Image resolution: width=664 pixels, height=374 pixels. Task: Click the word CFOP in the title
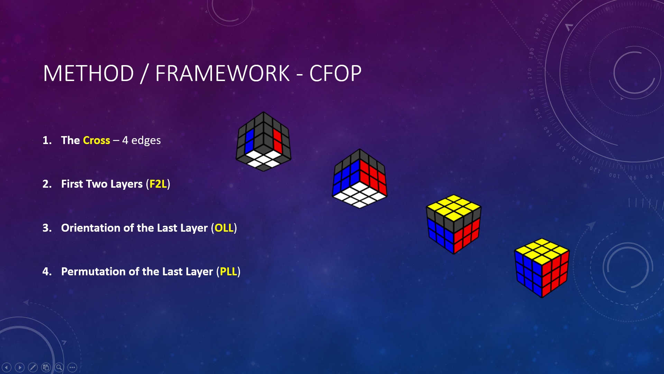tap(335, 73)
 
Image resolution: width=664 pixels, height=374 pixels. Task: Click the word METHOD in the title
tap(89, 73)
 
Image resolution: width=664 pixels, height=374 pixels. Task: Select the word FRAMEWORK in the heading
tap(222, 73)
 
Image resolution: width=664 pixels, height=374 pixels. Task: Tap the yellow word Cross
tap(96, 140)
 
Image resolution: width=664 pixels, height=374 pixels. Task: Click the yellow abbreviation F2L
tap(158, 184)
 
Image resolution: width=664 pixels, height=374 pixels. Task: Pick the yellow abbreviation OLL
tap(224, 228)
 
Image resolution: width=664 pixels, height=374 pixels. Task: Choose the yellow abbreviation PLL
tap(228, 271)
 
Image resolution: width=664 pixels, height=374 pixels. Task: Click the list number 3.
tap(46, 228)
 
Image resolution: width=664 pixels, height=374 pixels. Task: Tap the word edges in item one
tap(146, 140)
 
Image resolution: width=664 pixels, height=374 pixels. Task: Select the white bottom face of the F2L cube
tap(360, 196)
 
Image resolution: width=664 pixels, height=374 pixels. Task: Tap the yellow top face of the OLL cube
tap(453, 207)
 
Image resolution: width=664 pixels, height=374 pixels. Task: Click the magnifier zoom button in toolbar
tap(59, 367)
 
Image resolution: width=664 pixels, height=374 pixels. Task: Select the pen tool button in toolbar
tap(33, 367)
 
